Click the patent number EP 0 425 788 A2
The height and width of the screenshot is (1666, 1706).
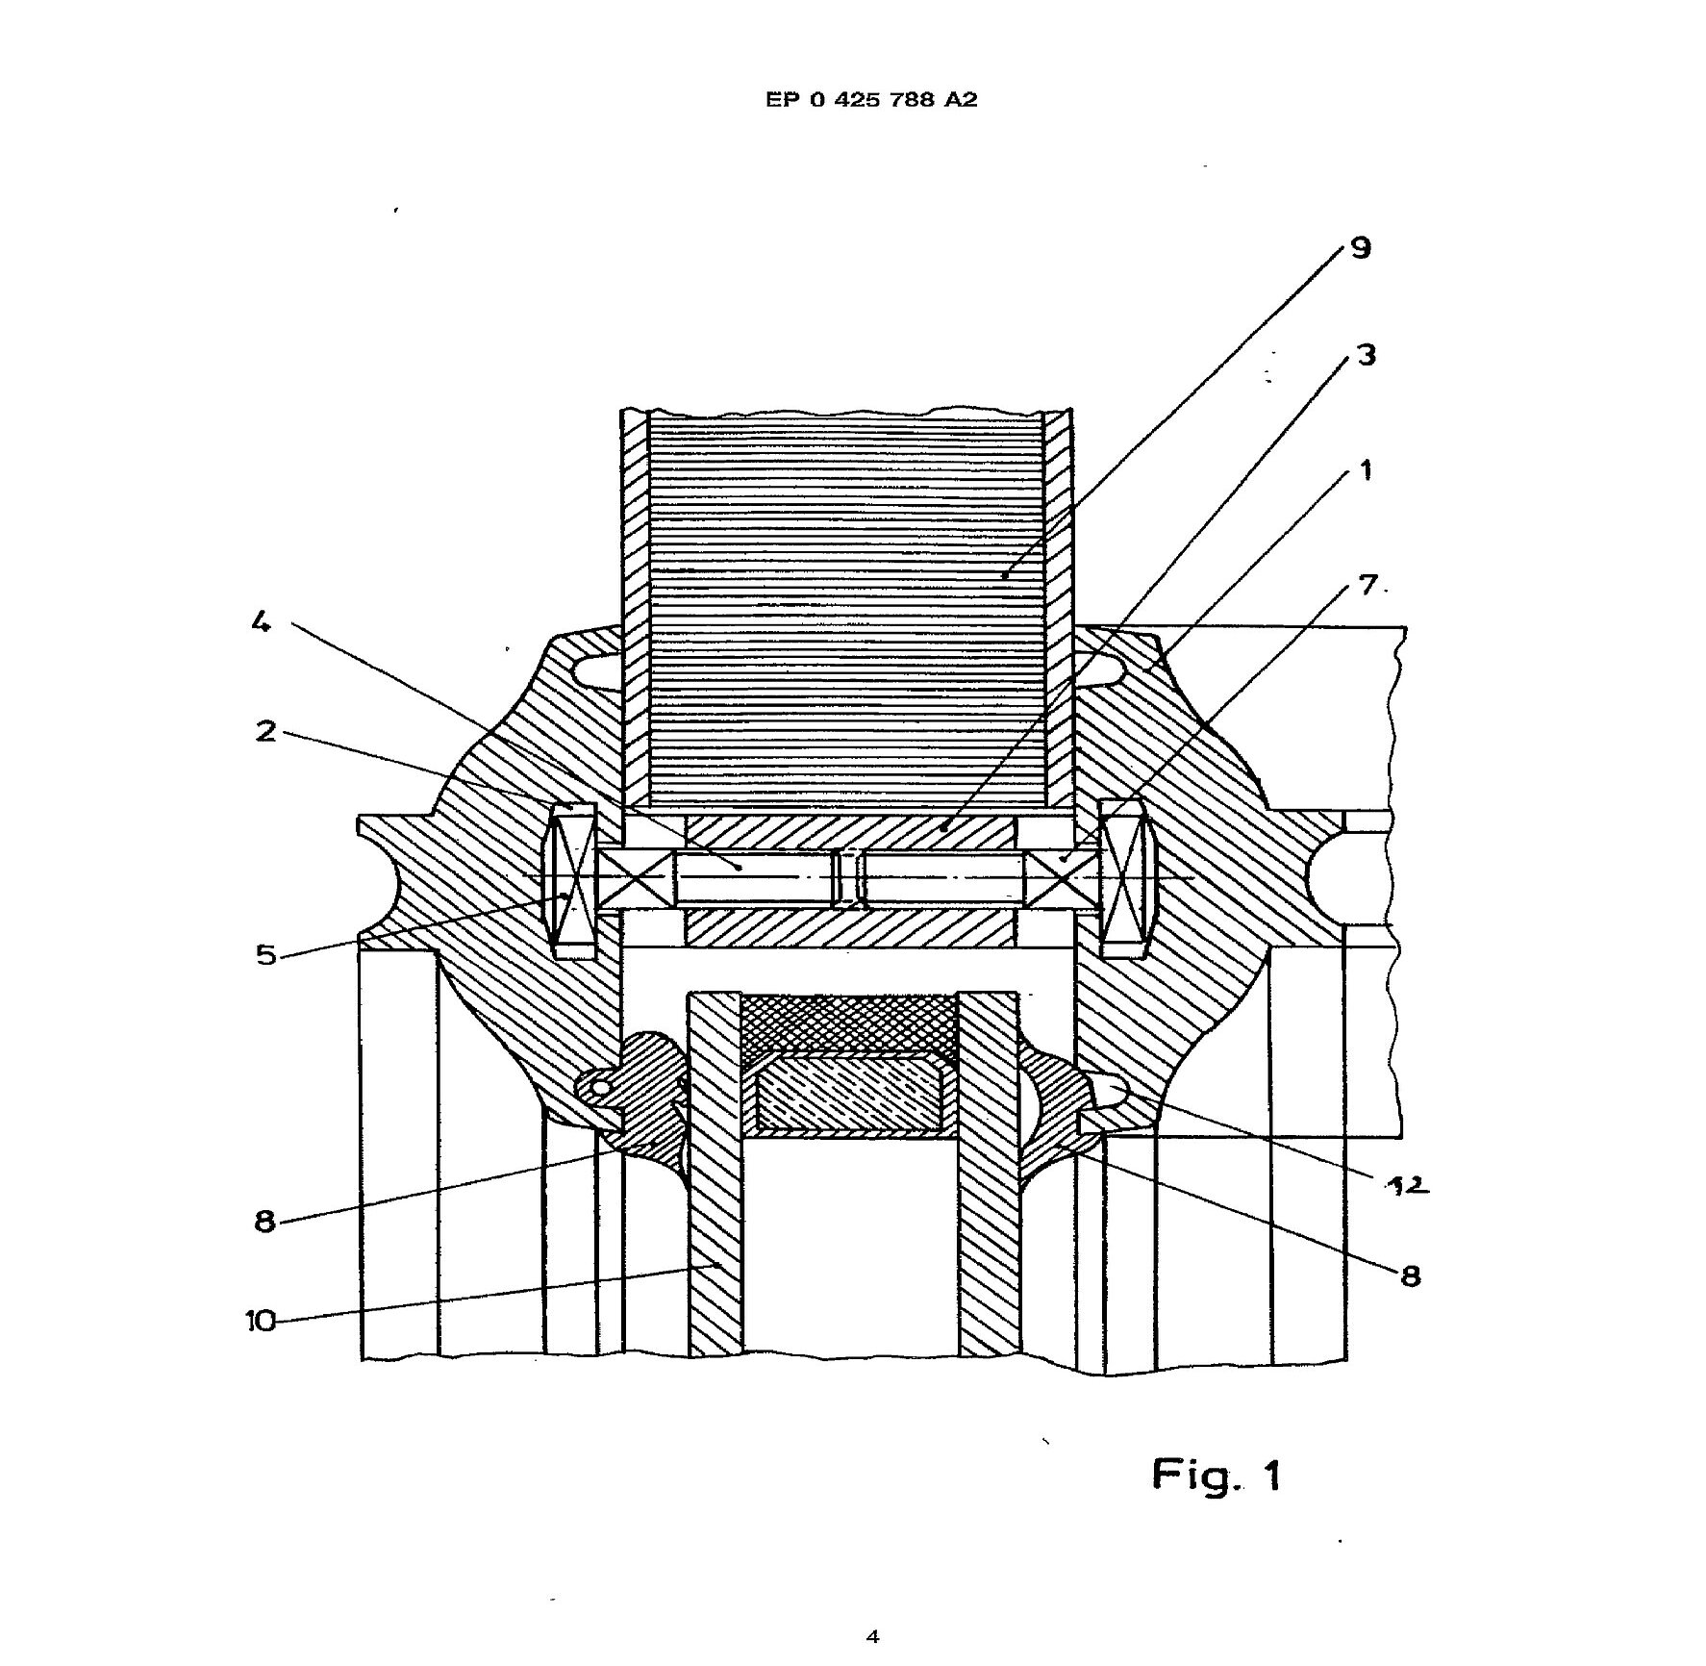coord(871,99)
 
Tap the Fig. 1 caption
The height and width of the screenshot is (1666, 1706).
coord(1216,1475)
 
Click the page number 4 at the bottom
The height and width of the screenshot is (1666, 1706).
coord(872,1636)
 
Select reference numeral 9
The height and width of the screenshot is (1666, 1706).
coord(1360,248)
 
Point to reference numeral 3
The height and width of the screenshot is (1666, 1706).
coord(1366,355)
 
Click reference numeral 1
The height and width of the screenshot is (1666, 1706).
coord(1365,470)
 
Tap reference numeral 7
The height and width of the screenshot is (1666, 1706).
coord(1367,584)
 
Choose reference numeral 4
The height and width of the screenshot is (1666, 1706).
coord(261,622)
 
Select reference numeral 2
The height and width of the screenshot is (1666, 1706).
coord(265,731)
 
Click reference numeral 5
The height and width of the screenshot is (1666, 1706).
coord(266,955)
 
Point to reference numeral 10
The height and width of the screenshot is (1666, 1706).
coord(260,1321)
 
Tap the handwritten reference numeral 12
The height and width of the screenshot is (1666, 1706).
coord(1405,1186)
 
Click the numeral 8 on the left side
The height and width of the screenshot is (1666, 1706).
coord(264,1222)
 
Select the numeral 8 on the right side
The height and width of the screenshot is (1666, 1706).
coord(1410,1276)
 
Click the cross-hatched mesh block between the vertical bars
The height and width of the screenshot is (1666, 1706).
coord(849,1025)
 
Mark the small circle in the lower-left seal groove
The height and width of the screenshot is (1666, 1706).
coord(600,1087)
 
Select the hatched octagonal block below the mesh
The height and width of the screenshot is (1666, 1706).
coord(849,1092)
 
